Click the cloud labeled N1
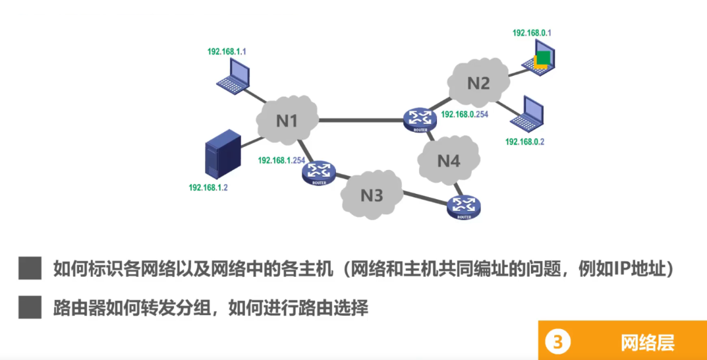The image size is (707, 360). pyautogui.click(x=287, y=121)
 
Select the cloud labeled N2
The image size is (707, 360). pyautogui.click(x=479, y=83)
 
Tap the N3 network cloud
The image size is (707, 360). pyautogui.click(x=371, y=195)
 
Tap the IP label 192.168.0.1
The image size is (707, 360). pyautogui.click(x=532, y=32)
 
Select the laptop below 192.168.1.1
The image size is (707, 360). pyautogui.click(x=234, y=75)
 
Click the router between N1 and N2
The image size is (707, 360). pyautogui.click(x=420, y=119)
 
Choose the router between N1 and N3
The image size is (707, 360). pyautogui.click(x=318, y=173)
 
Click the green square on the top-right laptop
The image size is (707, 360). pyautogui.click(x=542, y=57)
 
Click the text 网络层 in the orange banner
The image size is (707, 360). pyautogui.click(x=647, y=342)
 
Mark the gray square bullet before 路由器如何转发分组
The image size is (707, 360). pyautogui.click(x=30, y=307)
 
